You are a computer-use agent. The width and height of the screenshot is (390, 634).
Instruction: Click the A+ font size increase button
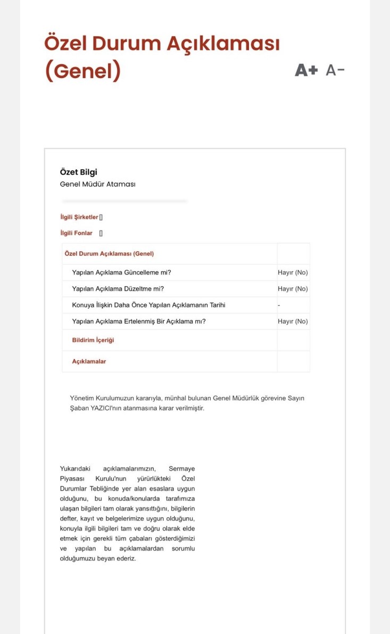click(306, 70)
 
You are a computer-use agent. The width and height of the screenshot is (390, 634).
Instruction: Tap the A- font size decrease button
click(335, 70)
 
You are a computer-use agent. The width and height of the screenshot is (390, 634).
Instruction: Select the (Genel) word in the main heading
click(82, 71)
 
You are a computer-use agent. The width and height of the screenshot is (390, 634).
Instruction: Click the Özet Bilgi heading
click(79, 172)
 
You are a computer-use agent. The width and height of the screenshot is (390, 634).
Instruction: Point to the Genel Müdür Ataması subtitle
click(98, 184)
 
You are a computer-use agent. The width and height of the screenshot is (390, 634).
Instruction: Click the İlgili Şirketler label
click(79, 217)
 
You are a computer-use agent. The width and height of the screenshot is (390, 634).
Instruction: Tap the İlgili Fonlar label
click(76, 233)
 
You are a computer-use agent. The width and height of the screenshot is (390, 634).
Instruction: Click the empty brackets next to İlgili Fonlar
click(101, 233)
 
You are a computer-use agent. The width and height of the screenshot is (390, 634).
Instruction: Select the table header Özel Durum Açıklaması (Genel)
click(109, 254)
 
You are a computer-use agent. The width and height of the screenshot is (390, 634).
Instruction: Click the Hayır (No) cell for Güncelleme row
click(293, 273)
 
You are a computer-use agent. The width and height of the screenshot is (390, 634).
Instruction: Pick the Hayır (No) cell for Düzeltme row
click(293, 289)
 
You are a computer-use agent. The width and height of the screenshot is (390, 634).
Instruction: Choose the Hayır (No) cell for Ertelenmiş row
click(293, 321)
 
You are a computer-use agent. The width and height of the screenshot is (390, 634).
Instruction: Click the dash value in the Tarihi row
click(279, 305)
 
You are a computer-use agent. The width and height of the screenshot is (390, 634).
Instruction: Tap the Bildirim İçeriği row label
click(93, 340)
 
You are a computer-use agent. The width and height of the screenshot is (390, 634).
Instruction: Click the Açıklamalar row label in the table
click(89, 362)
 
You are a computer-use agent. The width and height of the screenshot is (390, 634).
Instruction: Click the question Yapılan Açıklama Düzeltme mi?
click(118, 289)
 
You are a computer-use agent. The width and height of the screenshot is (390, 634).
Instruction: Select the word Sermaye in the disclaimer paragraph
click(182, 468)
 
